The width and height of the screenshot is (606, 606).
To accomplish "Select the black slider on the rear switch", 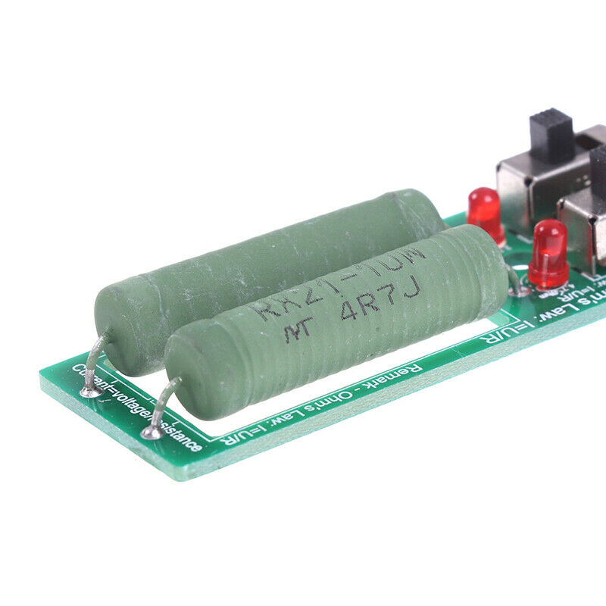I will (551, 134).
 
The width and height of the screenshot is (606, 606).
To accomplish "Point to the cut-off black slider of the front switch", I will (598, 167).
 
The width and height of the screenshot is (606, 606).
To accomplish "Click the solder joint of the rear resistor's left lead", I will (92, 392).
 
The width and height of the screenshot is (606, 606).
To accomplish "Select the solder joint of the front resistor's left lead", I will (152, 433).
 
